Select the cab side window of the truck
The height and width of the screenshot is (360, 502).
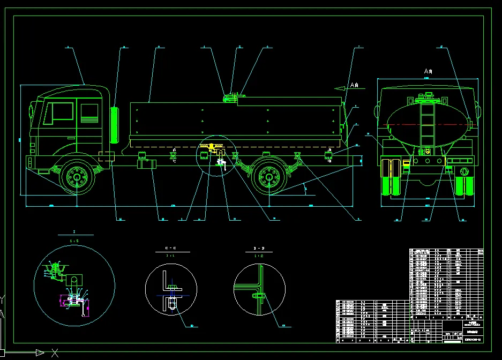click(61, 111)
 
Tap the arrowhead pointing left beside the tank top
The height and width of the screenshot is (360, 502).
click(338, 87)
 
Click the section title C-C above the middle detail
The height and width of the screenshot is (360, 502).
click(170, 249)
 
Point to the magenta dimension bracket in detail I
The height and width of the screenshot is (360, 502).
click(75, 303)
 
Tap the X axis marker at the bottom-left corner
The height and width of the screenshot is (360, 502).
click(54, 352)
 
